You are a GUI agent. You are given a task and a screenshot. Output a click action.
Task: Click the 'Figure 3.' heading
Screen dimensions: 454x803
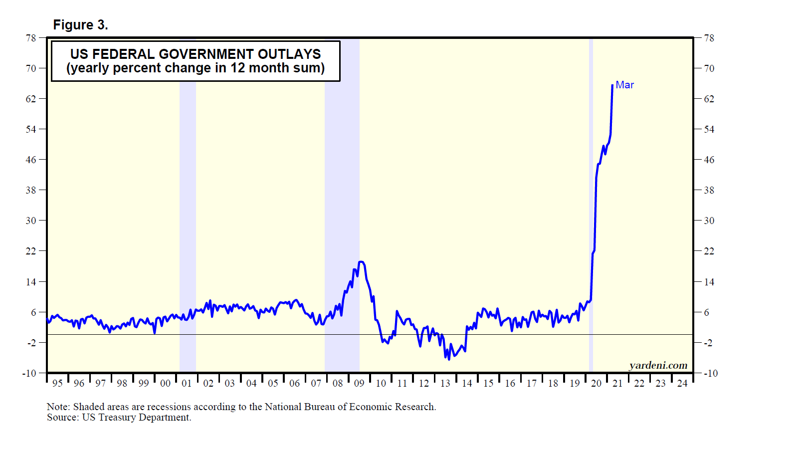[x=80, y=25]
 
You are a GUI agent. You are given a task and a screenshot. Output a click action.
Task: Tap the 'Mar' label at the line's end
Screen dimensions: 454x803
[x=624, y=85]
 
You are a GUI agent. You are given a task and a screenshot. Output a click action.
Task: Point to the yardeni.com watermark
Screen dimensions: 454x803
[x=658, y=365]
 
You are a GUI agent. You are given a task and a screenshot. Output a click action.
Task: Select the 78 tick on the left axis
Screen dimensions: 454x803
[x=31, y=38]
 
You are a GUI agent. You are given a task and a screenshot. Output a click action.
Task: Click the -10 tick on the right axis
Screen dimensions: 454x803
[x=710, y=373]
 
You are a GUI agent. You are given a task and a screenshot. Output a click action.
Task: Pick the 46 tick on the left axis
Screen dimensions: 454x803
[x=31, y=160]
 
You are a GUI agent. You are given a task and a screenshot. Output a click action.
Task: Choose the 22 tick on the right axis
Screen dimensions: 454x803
[x=709, y=251]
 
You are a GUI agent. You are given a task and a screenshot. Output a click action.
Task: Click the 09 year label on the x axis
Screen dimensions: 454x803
[x=359, y=383]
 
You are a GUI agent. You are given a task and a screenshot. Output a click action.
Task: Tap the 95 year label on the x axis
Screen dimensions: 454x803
[x=57, y=383]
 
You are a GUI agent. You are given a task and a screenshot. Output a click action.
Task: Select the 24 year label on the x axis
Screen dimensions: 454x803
[x=682, y=383]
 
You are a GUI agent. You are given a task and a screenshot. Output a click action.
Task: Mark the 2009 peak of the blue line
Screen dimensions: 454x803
[x=361, y=261]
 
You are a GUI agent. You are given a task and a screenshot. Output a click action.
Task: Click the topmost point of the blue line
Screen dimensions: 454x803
[x=612, y=85]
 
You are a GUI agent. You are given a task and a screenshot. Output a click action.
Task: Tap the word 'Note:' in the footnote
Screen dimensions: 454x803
[x=58, y=407]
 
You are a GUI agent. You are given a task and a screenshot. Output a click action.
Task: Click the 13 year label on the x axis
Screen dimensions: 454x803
[x=445, y=383]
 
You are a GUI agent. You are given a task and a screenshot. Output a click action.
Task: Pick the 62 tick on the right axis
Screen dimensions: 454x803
[x=709, y=99]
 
